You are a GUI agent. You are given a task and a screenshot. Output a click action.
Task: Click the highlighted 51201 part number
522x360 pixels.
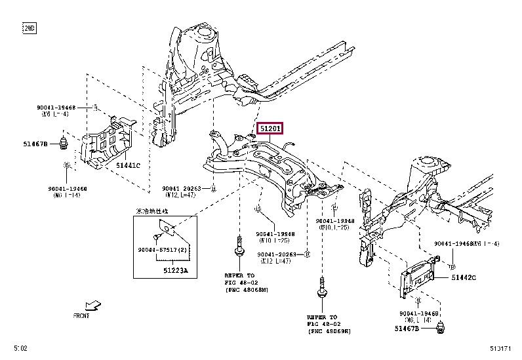tap(270, 129)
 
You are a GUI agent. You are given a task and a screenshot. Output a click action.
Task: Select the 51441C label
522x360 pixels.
tap(129, 165)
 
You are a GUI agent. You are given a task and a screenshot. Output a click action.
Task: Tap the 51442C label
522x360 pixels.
tap(464, 278)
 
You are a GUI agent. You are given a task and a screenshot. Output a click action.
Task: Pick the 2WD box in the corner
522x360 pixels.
tap(30, 28)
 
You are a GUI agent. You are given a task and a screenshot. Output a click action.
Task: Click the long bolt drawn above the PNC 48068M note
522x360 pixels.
tap(236, 252)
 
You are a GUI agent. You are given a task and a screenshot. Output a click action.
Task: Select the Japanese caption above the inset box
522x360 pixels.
tap(151, 212)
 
